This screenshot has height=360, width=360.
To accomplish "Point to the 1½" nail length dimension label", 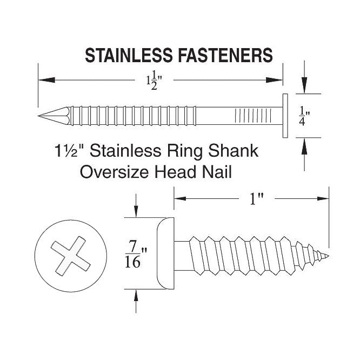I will (154, 81).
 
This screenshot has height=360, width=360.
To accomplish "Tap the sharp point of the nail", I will (40, 116).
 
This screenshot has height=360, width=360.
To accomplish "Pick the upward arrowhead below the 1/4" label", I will (305, 144).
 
